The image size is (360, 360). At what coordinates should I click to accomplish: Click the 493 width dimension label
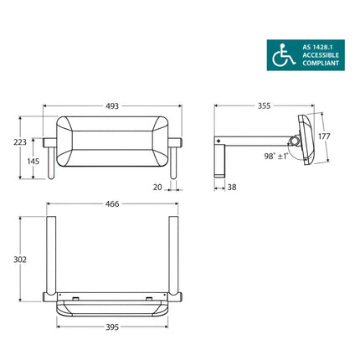[x=112, y=106]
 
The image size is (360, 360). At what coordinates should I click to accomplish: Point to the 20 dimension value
[x=157, y=188]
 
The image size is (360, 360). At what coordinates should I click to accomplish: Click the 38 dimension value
[x=231, y=188]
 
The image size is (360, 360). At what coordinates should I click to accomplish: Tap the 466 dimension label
[x=112, y=203]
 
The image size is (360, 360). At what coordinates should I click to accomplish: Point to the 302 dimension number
[x=19, y=260]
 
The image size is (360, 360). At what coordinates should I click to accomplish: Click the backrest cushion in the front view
[x=112, y=140]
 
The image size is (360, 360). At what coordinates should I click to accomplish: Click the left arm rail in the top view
[x=50, y=255]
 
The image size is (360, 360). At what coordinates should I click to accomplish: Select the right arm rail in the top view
[x=174, y=255]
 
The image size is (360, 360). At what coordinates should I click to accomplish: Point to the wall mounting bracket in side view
[x=220, y=159]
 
